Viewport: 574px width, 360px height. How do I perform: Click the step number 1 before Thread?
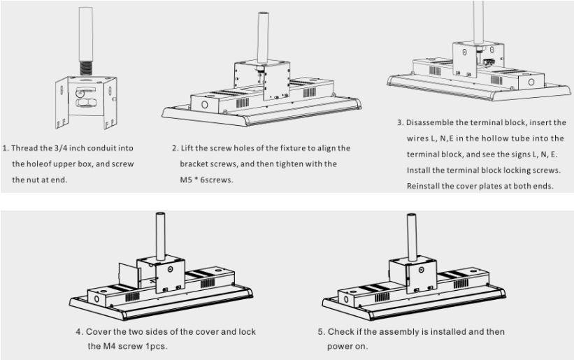(6, 148)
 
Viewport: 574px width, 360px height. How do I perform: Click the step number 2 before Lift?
(174, 148)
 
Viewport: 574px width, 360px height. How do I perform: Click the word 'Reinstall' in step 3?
(427, 186)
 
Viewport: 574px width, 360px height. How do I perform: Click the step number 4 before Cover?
(78, 331)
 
